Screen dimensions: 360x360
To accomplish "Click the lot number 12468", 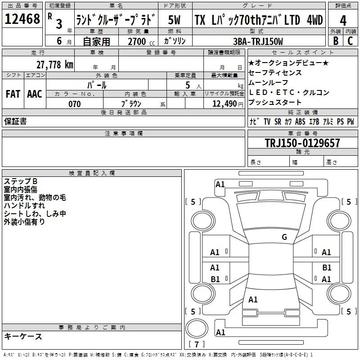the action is click(x=22, y=19).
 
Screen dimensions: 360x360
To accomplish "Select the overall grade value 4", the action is click(x=343, y=21).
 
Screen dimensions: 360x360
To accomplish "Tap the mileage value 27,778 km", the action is click(x=54, y=65).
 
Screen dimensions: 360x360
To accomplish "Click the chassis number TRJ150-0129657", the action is click(x=302, y=143).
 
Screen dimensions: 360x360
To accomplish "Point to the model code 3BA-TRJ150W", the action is click(x=258, y=41).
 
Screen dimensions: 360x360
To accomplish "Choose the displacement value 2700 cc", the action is click(x=141, y=41).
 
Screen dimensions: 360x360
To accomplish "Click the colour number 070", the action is click(x=75, y=104).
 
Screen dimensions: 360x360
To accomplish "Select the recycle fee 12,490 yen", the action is click(x=228, y=104).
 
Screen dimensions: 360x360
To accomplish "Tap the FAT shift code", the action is click(x=13, y=94).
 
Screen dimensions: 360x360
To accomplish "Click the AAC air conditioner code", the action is click(x=35, y=94).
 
